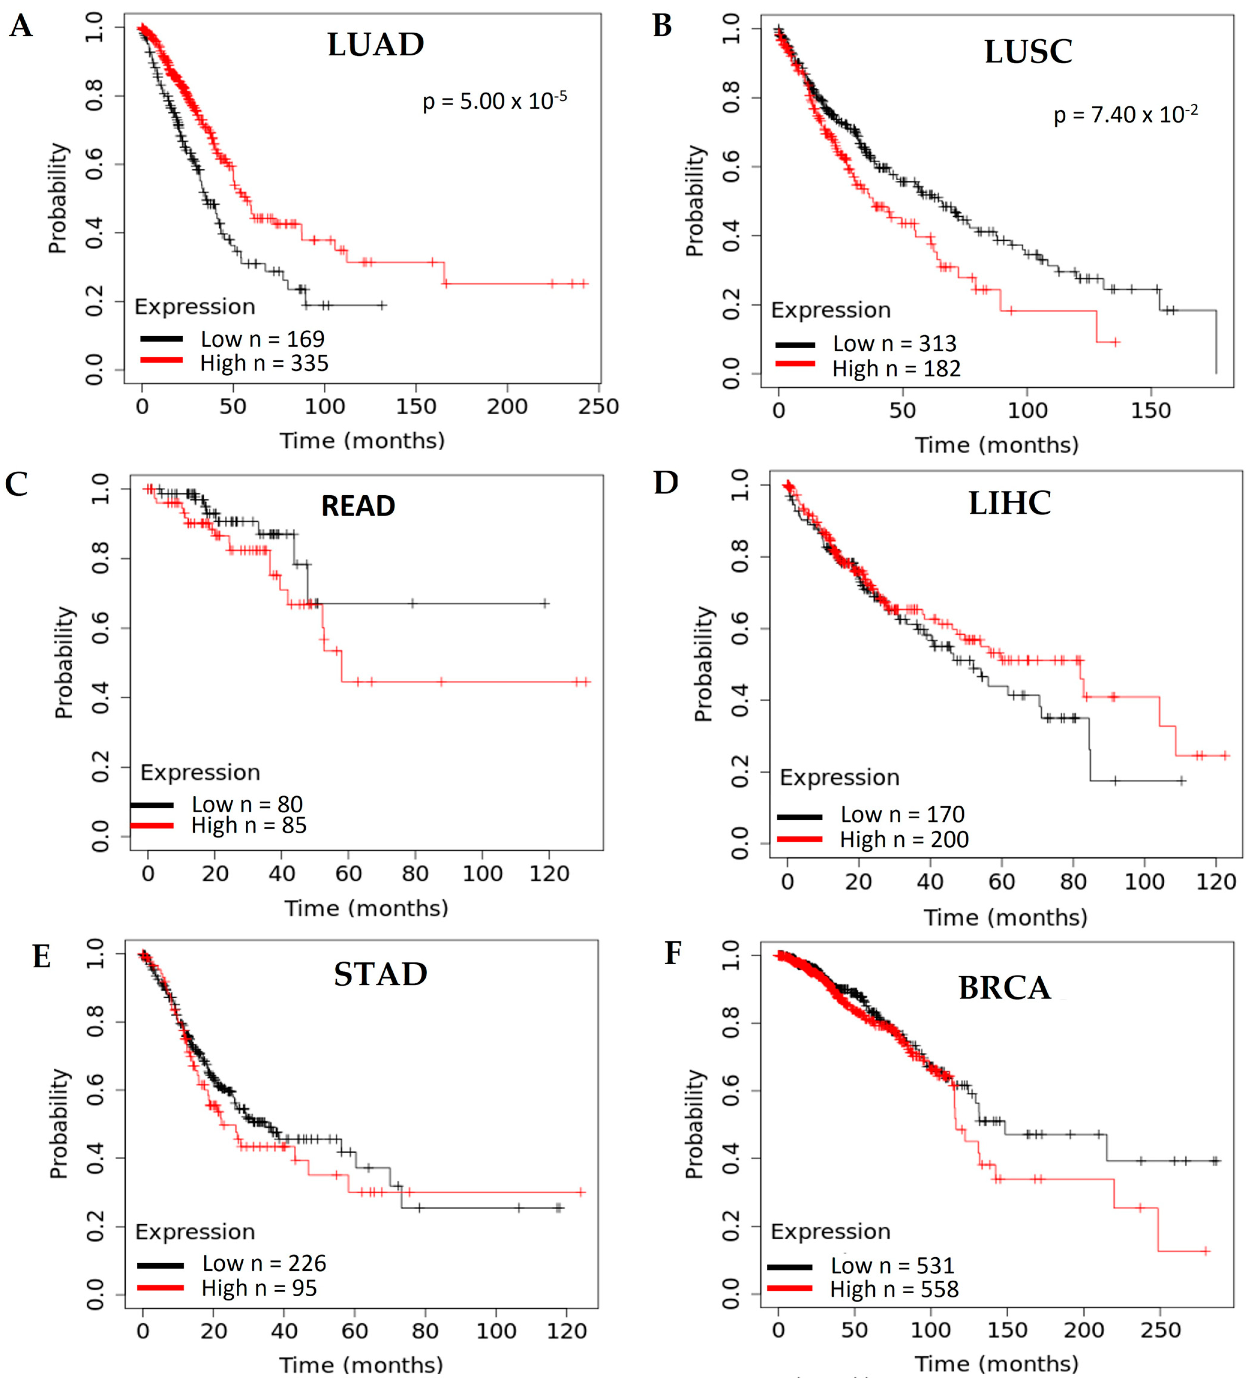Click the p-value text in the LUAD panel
click(495, 101)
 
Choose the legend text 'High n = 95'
click(259, 1288)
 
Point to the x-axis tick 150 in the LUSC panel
click(1151, 411)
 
